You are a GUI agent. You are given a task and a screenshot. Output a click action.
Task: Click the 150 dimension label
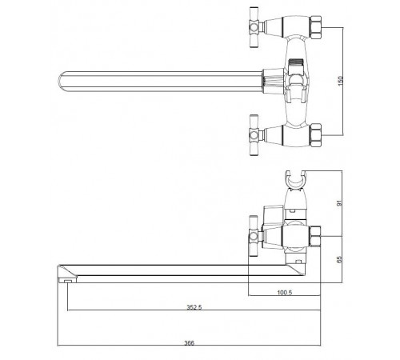[x=340, y=81]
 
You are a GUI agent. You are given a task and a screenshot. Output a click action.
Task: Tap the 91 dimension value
[x=339, y=203]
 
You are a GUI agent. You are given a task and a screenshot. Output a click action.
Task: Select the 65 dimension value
[x=339, y=259]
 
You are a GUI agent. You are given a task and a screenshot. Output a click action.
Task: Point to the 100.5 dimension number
[x=285, y=293]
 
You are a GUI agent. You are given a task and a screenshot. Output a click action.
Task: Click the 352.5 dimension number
[x=194, y=307]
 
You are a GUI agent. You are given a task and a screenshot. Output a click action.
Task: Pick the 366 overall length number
[x=190, y=343]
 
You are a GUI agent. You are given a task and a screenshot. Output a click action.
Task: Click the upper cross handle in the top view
[x=254, y=27]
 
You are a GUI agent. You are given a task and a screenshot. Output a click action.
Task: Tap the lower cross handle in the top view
[x=254, y=135]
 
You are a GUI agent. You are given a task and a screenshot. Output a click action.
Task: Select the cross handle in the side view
[x=254, y=236]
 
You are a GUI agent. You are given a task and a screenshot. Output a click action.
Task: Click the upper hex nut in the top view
[x=316, y=28]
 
